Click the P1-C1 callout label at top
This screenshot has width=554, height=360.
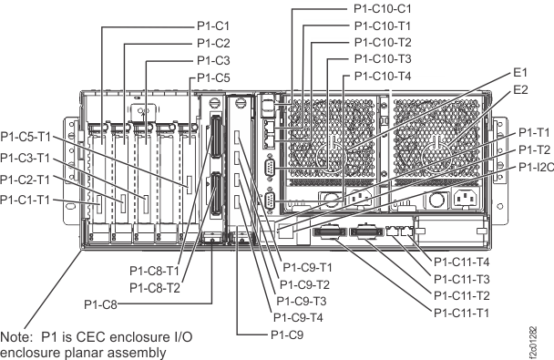(x=213, y=25)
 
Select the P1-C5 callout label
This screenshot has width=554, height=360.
(x=213, y=77)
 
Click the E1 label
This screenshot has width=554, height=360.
(x=521, y=71)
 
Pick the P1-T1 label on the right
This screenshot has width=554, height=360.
(x=535, y=132)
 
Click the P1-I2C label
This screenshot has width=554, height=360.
(x=536, y=167)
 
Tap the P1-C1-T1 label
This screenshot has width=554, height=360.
(x=25, y=198)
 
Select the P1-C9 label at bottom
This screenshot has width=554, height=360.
(x=287, y=335)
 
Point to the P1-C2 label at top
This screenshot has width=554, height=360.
(x=213, y=42)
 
